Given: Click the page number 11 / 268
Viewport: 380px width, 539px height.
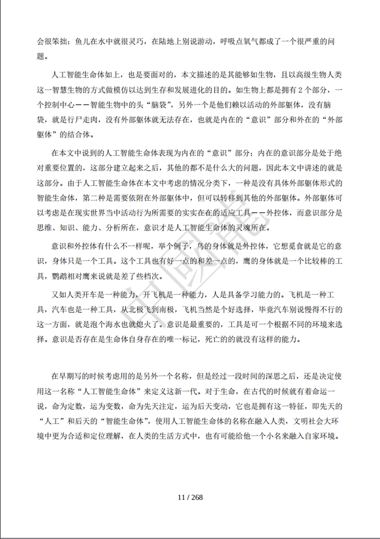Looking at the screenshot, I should pyautogui.click(x=191, y=498).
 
